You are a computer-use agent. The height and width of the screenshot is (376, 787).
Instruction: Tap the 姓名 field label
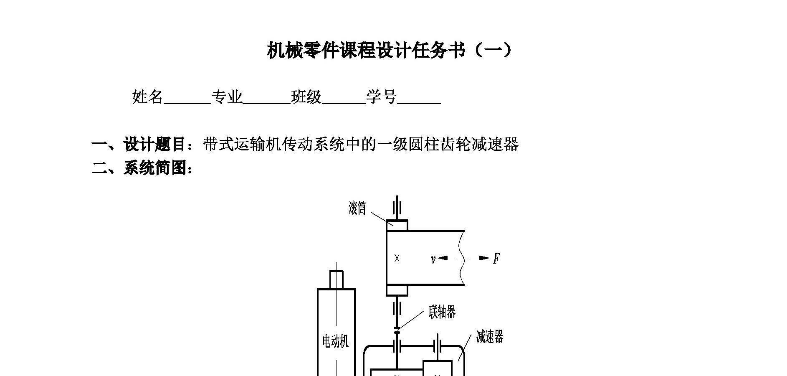147,97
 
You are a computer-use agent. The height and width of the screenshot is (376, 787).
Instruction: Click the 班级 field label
306,97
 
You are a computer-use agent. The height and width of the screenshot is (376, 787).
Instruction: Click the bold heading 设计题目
154,145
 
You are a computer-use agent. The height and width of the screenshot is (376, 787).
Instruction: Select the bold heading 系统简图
154,168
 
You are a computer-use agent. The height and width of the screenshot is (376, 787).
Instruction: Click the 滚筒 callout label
357,208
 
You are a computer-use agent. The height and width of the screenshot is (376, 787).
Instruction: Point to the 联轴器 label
442,312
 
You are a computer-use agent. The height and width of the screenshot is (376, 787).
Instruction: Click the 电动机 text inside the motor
335,341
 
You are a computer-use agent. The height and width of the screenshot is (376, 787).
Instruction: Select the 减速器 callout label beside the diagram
489,337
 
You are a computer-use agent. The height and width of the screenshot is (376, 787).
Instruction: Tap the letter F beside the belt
496,259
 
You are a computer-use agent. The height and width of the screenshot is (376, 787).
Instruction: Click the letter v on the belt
433,259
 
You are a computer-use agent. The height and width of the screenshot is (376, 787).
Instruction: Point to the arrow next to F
480,258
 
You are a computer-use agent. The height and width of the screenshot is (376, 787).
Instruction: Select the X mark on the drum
397,259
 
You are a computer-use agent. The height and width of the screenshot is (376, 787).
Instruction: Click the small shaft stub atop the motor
336,279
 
